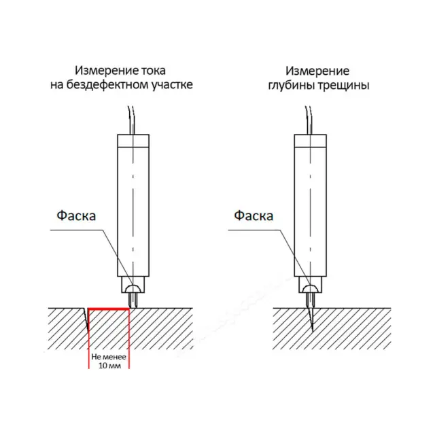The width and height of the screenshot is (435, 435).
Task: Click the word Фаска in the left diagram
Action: pyautogui.click(x=76, y=215)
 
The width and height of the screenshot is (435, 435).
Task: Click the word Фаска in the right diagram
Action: pyautogui.click(x=254, y=215)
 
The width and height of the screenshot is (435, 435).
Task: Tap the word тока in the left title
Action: pyautogui.click(x=154, y=71)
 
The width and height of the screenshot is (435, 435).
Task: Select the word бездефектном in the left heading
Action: pyautogui.click(x=107, y=85)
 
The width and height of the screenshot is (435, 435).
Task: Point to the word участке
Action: pyautogui.click(x=172, y=85)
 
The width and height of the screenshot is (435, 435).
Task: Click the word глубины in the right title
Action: pyautogui.click(x=292, y=86)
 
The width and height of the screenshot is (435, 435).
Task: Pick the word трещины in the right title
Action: pyautogui.click(x=344, y=86)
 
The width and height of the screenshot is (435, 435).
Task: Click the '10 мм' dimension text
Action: pyautogui.click(x=109, y=366)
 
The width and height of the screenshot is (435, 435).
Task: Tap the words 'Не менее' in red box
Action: pyautogui.click(x=109, y=357)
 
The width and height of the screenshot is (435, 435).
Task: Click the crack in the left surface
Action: pyautogui.click(x=86, y=319)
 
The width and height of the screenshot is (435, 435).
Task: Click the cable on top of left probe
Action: pyautogui.click(x=131, y=120)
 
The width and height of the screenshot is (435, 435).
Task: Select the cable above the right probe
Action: pyautogui.click(x=309, y=120)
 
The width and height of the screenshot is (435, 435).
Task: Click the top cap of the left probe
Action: pyautogui.click(x=133, y=141)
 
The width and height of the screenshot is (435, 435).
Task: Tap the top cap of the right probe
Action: pyautogui.click(x=310, y=141)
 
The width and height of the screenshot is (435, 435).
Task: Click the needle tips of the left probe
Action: pyautogui.click(x=133, y=300)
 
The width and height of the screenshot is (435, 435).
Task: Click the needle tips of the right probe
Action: pyautogui.click(x=310, y=300)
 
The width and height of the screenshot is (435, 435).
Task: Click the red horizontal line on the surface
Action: pyautogui.click(x=109, y=309)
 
